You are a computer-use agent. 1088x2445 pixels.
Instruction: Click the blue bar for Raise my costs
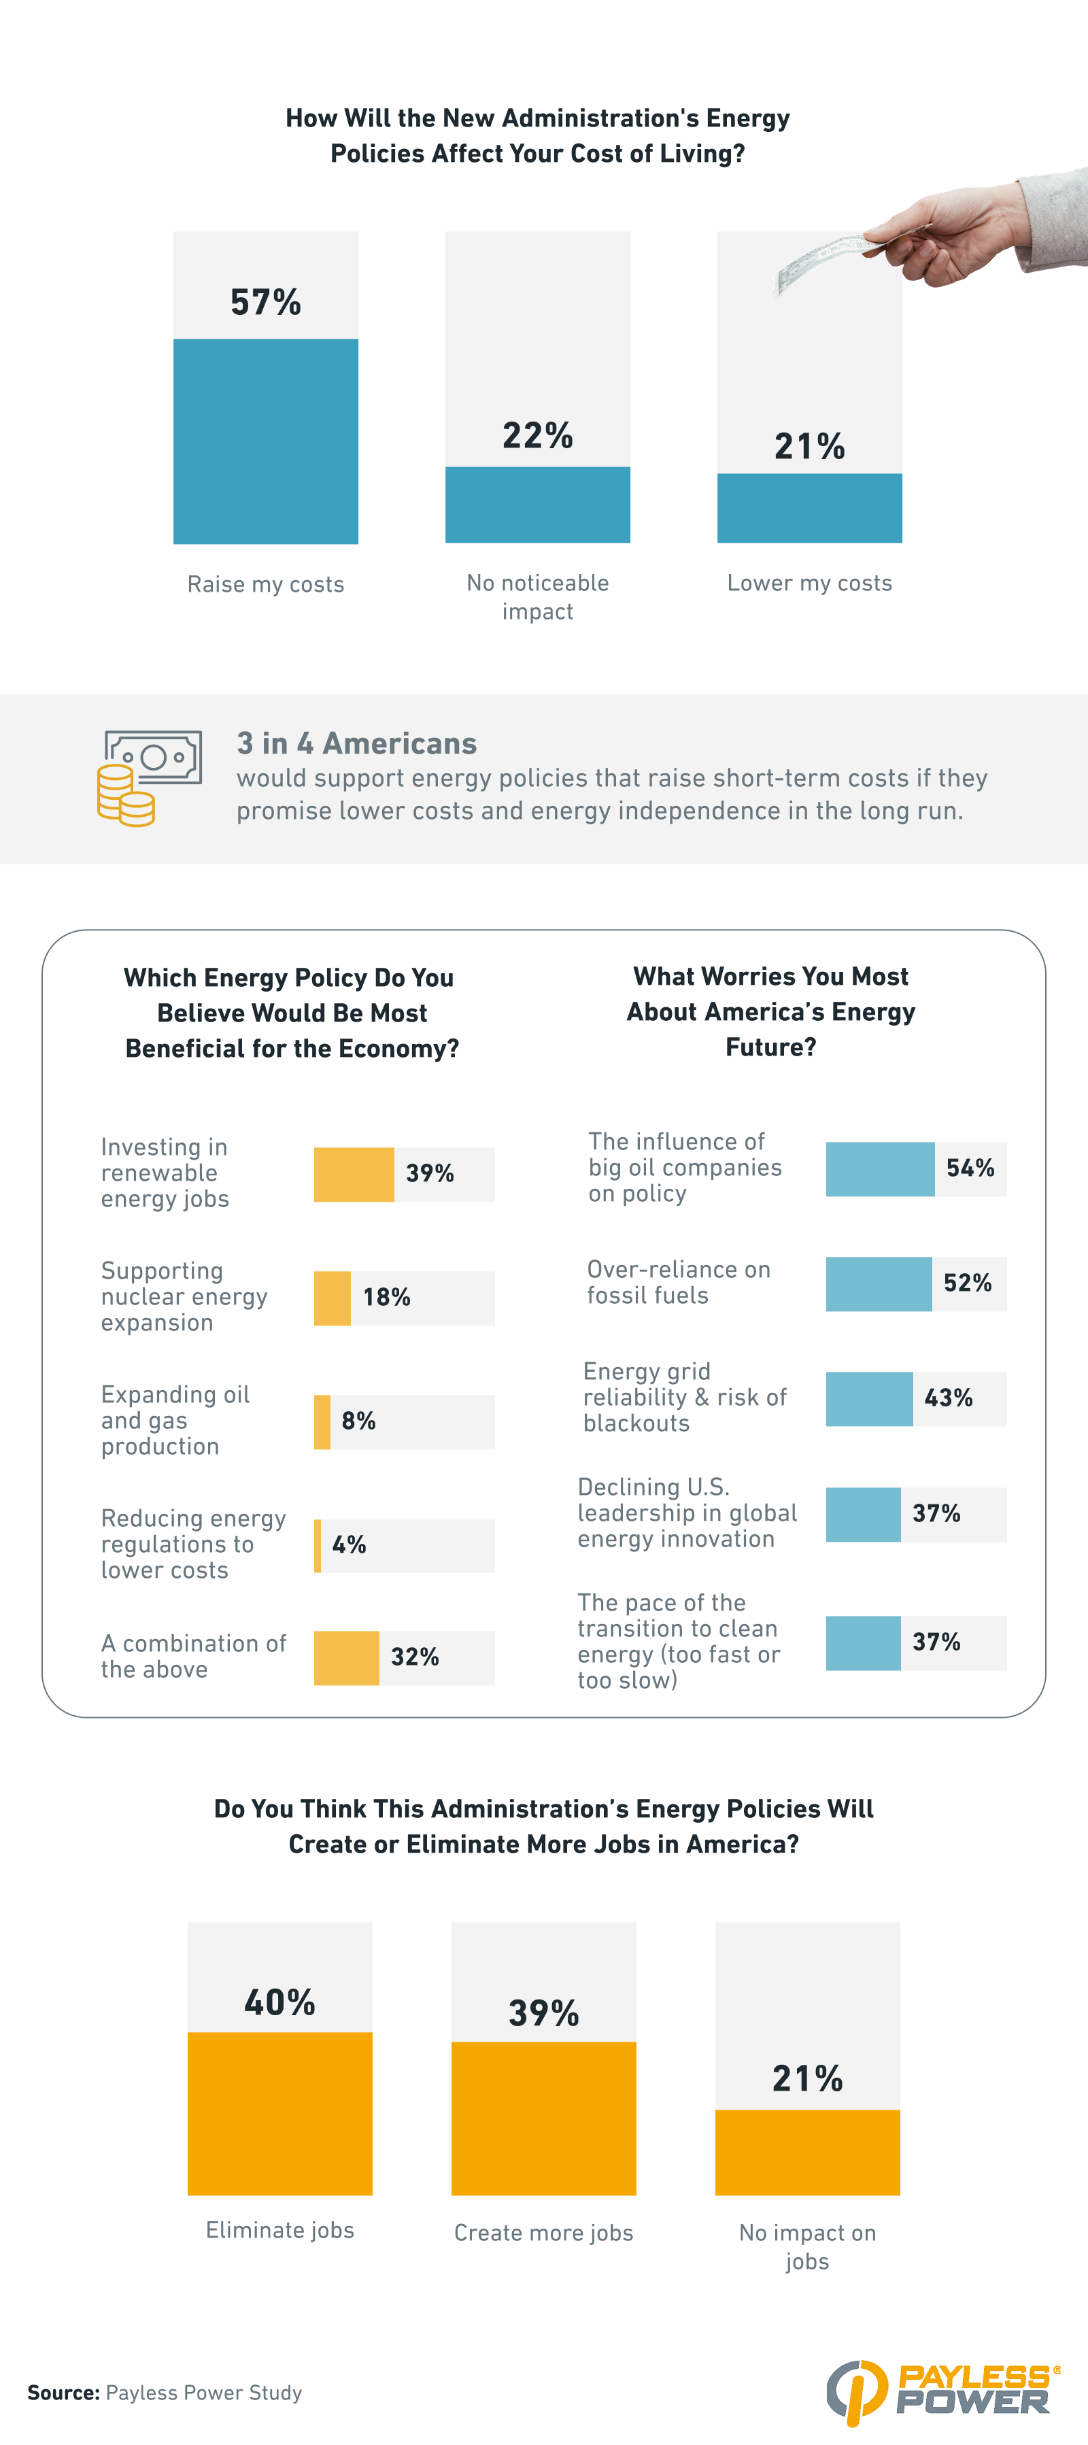(x=265, y=441)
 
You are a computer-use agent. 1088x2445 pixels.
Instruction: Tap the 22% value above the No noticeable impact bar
(x=537, y=436)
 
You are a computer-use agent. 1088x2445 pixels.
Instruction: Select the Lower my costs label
(x=809, y=583)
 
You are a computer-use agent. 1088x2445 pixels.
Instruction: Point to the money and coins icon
(x=149, y=777)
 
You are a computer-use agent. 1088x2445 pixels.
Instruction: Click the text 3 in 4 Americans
(x=356, y=743)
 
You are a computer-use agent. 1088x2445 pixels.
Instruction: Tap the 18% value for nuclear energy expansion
(x=386, y=1298)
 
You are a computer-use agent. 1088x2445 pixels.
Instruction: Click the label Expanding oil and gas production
(x=175, y=1420)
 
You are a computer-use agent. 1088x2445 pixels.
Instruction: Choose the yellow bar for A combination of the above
(x=347, y=1657)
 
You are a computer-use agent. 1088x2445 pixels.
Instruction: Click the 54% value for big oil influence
(x=969, y=1168)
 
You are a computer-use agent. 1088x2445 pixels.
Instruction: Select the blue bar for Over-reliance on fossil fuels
(x=878, y=1283)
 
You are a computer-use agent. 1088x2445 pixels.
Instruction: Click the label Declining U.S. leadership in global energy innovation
(x=686, y=1513)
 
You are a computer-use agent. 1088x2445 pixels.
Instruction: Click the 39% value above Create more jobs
(x=543, y=2012)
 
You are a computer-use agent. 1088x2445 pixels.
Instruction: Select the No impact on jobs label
(x=807, y=2246)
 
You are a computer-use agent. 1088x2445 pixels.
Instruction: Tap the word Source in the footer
(x=63, y=2392)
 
